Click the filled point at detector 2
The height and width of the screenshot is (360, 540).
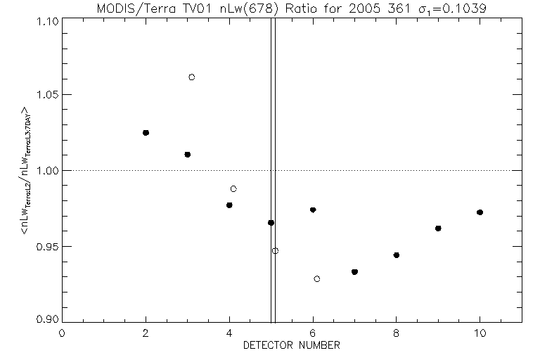(146, 132)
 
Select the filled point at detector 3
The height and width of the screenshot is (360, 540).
(187, 154)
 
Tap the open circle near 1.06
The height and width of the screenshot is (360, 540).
(191, 77)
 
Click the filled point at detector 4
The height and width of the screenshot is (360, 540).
(229, 205)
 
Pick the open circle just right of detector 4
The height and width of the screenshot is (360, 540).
(233, 188)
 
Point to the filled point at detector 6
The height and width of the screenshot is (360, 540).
(313, 210)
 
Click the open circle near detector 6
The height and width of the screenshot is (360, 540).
(317, 278)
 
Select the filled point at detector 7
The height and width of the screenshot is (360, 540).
(354, 271)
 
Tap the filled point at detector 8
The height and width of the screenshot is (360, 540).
(397, 255)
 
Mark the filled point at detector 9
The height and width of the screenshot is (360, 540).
(438, 228)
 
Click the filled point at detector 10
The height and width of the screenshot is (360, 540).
(480, 212)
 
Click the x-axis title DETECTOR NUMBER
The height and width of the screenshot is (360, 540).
(292, 345)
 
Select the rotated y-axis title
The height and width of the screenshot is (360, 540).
(25, 171)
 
